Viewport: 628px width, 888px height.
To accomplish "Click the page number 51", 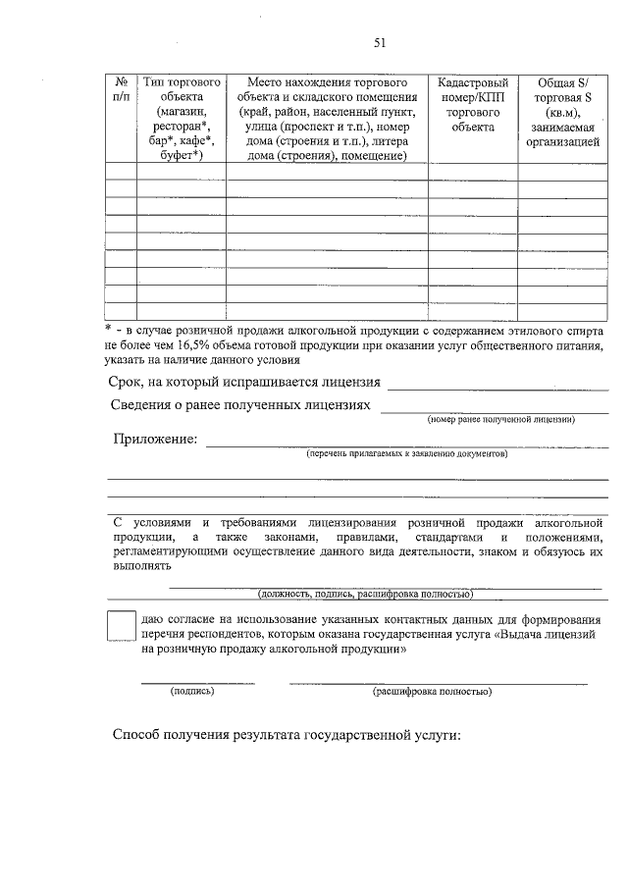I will point(380,42).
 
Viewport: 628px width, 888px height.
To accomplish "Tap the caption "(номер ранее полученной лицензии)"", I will point(500,419).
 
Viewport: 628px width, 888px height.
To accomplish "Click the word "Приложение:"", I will point(155,439).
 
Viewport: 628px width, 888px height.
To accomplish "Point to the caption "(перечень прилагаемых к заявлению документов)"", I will point(406,455).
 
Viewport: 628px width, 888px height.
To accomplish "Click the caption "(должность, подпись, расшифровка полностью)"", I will point(366,595).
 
